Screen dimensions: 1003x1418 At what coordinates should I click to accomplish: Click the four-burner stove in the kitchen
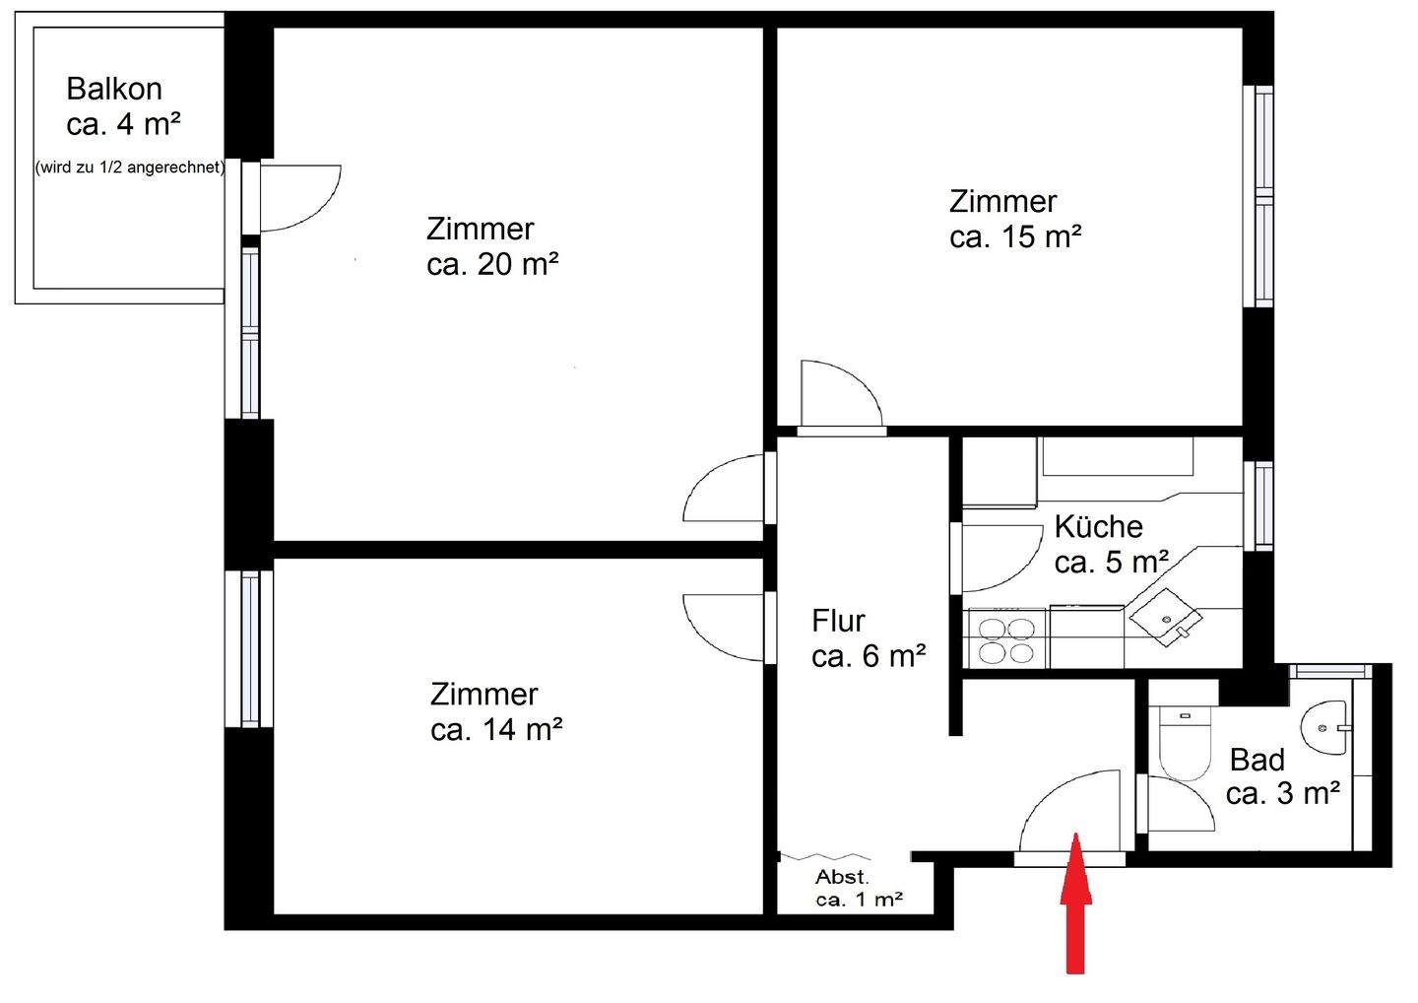tap(1006, 638)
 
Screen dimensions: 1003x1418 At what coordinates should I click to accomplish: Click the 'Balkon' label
tap(114, 89)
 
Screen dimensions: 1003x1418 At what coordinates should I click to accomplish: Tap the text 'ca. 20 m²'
tap(493, 264)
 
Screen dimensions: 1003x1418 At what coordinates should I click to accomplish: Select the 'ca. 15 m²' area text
tap(1016, 237)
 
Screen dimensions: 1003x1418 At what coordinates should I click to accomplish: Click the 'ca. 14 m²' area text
tap(496, 730)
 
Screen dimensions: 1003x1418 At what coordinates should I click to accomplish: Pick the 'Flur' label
tap(838, 621)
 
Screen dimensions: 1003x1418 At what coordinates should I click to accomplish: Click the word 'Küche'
tap(1098, 526)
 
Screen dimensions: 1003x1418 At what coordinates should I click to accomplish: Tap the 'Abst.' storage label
tap(842, 877)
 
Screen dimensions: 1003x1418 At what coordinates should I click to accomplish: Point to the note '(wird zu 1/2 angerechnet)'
tap(129, 167)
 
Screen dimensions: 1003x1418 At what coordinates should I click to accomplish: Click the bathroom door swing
tap(1177, 803)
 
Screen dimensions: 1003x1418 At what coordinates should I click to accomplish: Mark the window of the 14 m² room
tap(249, 648)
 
